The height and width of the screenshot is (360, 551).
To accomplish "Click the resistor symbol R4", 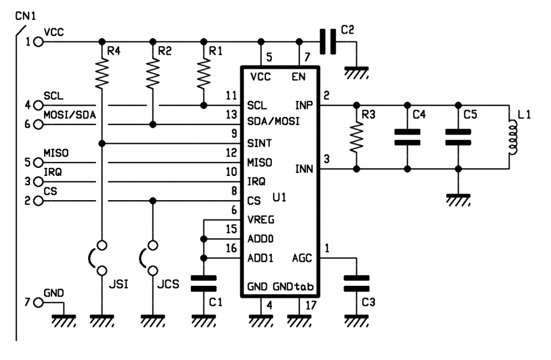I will click(x=102, y=73).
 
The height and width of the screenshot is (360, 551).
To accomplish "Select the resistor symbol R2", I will click(x=153, y=73).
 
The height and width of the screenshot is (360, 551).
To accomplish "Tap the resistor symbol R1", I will click(x=203, y=73).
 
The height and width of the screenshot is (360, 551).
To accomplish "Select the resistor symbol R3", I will click(x=356, y=137).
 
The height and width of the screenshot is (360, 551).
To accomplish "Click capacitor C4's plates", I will click(x=407, y=137).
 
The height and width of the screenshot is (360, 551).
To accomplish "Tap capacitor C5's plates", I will click(x=458, y=137).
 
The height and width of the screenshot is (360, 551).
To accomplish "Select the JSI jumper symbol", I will click(x=99, y=258).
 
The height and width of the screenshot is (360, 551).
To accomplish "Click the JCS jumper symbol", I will click(x=150, y=258).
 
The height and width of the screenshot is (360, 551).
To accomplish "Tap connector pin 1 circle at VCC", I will click(x=38, y=41).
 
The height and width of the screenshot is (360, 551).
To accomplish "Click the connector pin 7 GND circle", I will click(x=38, y=302).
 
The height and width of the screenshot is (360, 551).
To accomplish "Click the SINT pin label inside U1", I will click(x=259, y=144).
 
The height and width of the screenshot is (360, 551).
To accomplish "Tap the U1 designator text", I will click(x=279, y=198).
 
